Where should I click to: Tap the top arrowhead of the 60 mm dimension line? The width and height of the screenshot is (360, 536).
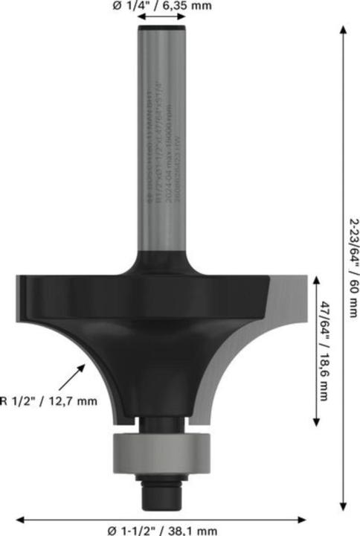344,30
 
